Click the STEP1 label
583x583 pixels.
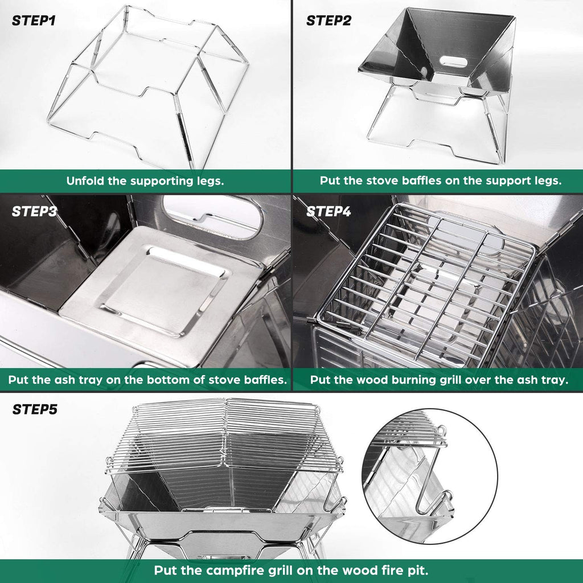tap(34, 22)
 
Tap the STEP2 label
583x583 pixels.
tap(329, 21)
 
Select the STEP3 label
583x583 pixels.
tap(34, 211)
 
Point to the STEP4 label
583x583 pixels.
tap(329, 211)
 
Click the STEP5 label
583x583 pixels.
tap(35, 409)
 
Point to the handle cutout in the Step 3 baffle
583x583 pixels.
tap(212, 215)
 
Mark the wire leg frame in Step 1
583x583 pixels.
tap(148, 85)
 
